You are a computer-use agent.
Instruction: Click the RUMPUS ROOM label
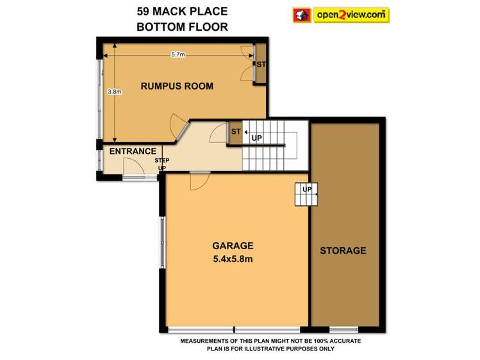pyautogui.click(x=177, y=86)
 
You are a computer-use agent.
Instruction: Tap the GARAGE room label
pyautogui.click(x=233, y=245)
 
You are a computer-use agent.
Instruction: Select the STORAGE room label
pyautogui.click(x=343, y=250)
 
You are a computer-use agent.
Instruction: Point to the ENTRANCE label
pyautogui.click(x=133, y=151)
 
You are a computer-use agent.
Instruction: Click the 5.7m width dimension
pyautogui.click(x=178, y=55)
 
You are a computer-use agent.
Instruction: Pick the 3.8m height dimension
pyautogui.click(x=115, y=92)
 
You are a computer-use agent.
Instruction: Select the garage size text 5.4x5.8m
pyautogui.click(x=233, y=260)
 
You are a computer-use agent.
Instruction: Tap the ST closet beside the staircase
pyautogui.click(x=235, y=132)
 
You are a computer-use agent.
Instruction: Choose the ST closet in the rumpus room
pyautogui.click(x=261, y=64)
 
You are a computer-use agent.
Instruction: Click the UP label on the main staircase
pyautogui.click(x=256, y=138)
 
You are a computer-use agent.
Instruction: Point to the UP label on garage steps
pyautogui.click(x=306, y=190)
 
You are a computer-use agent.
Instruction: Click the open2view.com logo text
pyautogui.click(x=351, y=14)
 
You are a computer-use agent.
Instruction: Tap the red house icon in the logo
pyautogui.click(x=301, y=14)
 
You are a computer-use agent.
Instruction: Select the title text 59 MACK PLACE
pyautogui.click(x=182, y=12)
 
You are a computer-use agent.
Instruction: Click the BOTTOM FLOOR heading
pyautogui.click(x=182, y=27)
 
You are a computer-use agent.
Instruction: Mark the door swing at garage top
pyautogui.click(x=199, y=181)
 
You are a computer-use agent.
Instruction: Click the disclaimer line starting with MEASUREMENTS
pyautogui.click(x=270, y=341)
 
